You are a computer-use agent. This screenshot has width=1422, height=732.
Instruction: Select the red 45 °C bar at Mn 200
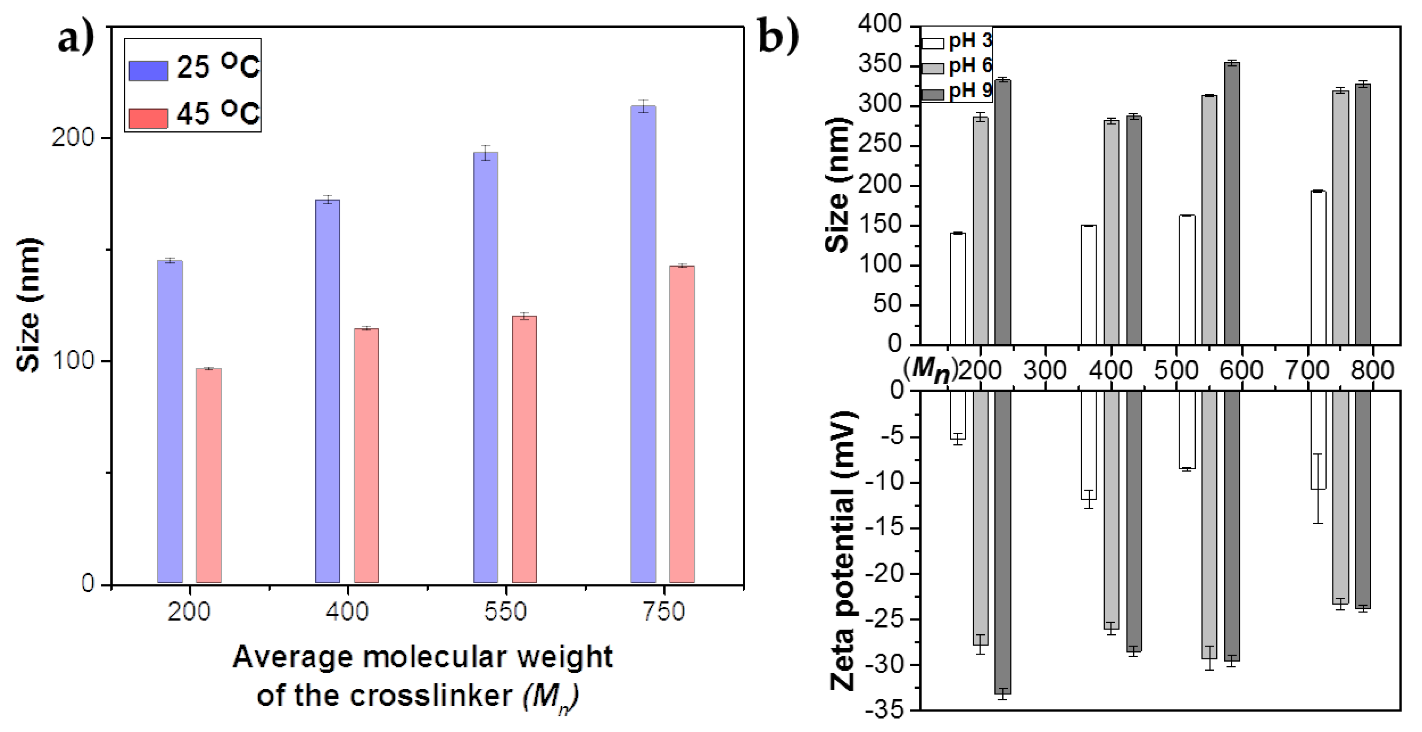coord(209,475)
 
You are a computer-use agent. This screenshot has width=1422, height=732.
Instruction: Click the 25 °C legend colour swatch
coord(148,71)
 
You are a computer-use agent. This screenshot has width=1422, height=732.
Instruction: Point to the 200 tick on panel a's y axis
coord(74,137)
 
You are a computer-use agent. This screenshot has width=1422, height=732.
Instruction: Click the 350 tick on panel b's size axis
coord(880,66)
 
